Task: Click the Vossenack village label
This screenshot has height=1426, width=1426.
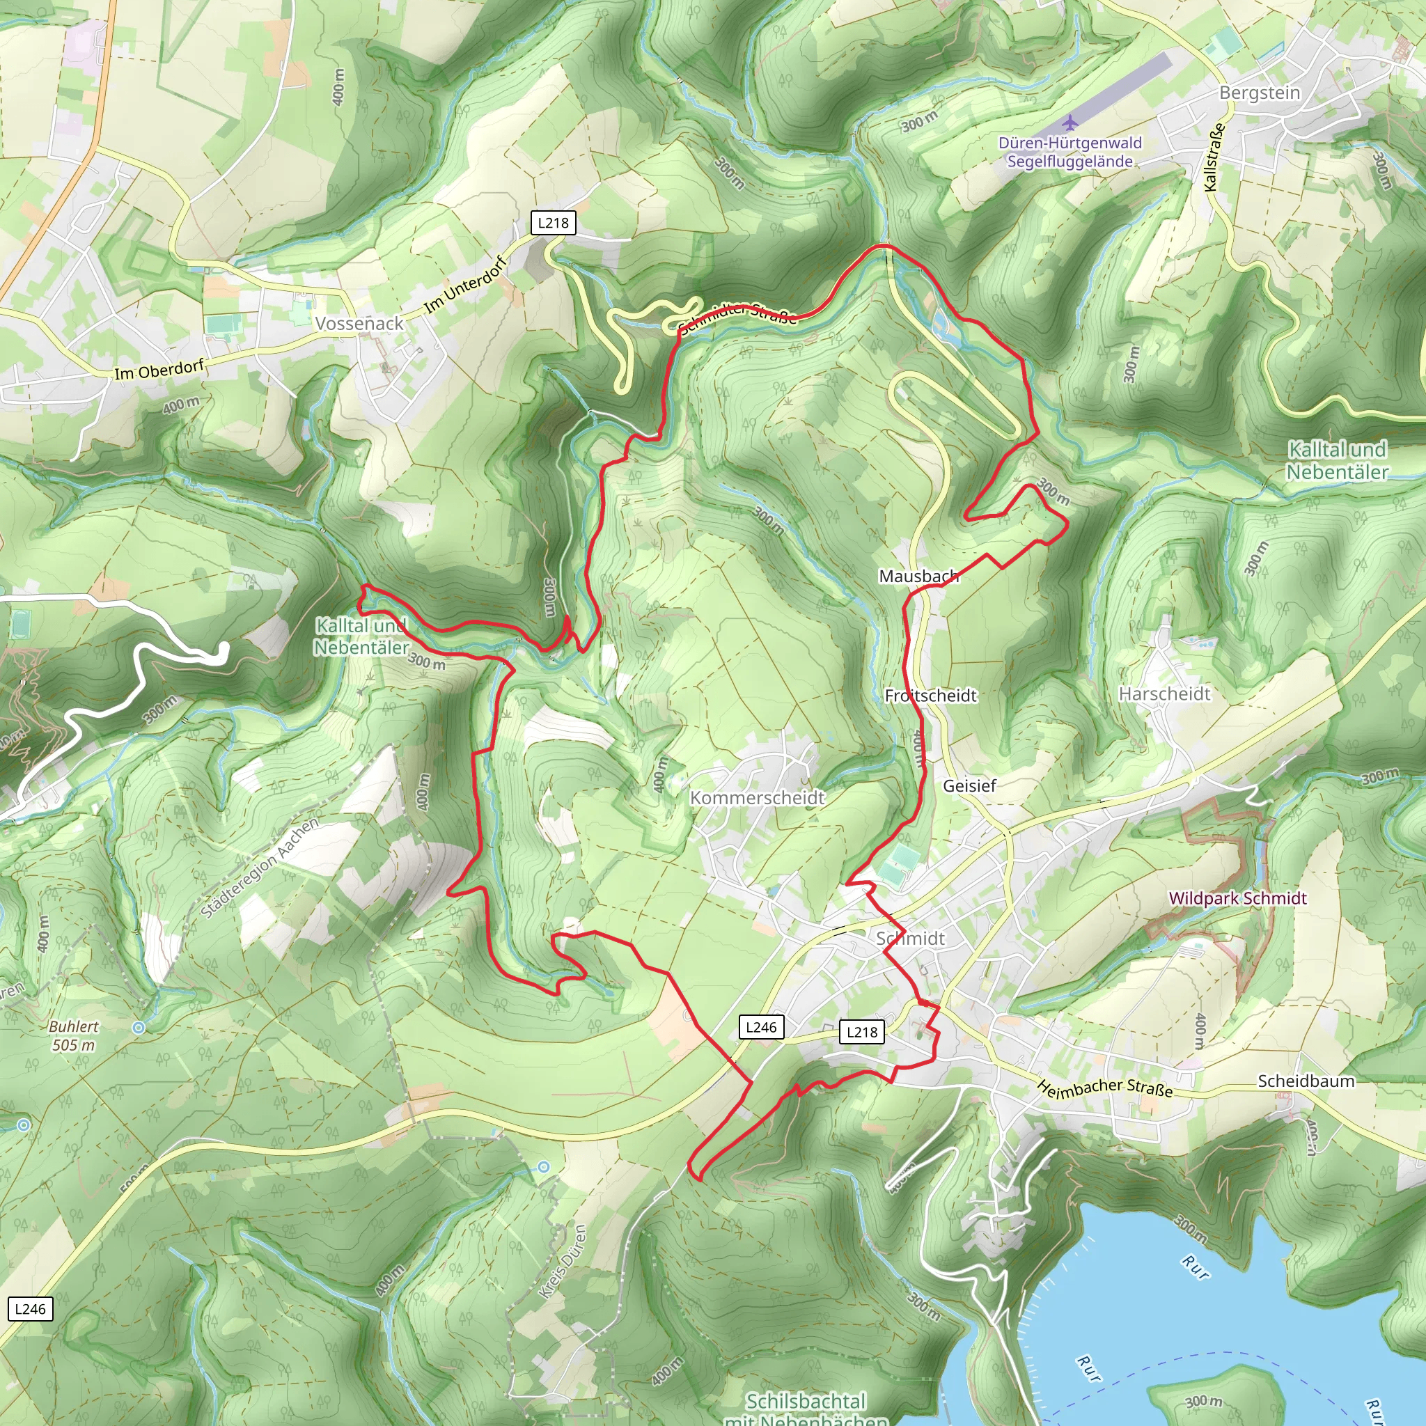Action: [x=359, y=323]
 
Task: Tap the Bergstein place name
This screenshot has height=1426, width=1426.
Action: [x=1259, y=93]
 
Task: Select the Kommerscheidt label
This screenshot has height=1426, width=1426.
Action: [x=758, y=797]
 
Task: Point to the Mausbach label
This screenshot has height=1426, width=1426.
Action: [x=918, y=576]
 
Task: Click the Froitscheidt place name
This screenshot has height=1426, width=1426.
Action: [x=931, y=696]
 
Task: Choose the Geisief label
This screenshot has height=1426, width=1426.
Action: [x=969, y=785]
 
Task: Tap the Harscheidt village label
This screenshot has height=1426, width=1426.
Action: [x=1165, y=694]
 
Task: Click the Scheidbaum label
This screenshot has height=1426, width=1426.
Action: [x=1306, y=1081]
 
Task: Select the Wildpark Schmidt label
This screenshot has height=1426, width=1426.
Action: [x=1238, y=898]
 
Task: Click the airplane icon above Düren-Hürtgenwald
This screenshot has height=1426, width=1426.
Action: [x=1070, y=122]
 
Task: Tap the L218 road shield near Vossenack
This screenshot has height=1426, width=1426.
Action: [x=553, y=222]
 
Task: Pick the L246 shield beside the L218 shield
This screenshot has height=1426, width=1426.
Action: [x=761, y=1027]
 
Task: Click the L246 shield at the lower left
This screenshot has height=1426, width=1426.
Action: [x=30, y=1308]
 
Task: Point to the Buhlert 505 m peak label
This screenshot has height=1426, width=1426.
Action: [x=74, y=1035]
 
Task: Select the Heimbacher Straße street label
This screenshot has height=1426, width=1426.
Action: [x=1104, y=1088]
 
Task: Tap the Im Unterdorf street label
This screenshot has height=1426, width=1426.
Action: [x=466, y=285]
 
